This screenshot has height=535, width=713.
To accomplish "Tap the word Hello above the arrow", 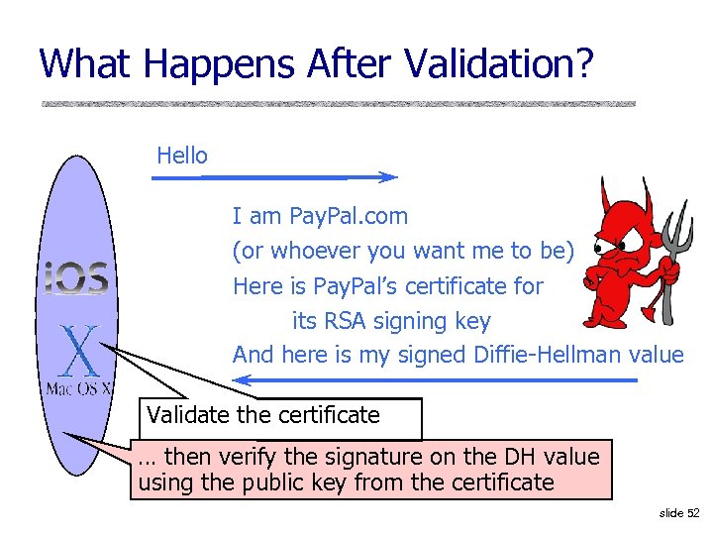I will point(182,156).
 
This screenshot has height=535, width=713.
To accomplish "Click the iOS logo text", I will point(75,277).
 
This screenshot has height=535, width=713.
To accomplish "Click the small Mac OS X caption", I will point(79,387).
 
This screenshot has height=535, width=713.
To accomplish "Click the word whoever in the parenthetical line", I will point(313,251).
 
